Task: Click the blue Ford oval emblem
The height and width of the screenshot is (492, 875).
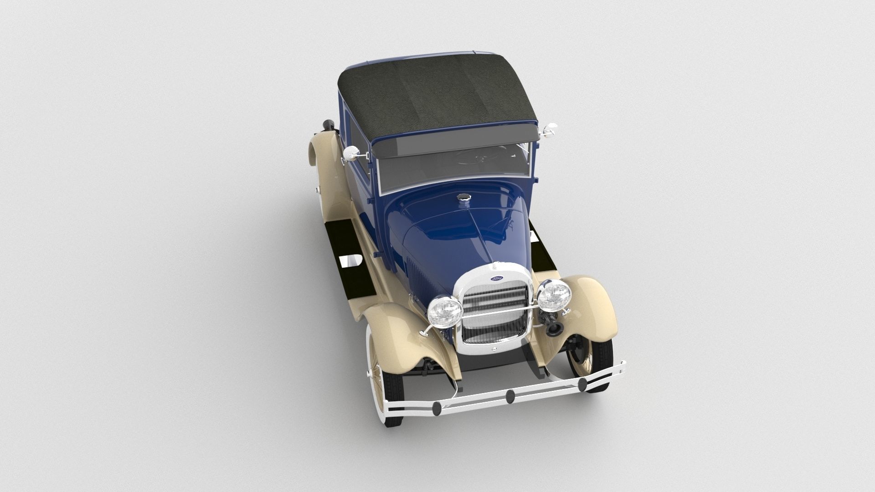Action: (496, 278)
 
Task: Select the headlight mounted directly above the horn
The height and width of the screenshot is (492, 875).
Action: (554, 295)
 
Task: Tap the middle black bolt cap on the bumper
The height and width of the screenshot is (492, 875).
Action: (510, 396)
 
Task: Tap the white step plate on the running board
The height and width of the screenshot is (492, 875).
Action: (350, 260)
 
